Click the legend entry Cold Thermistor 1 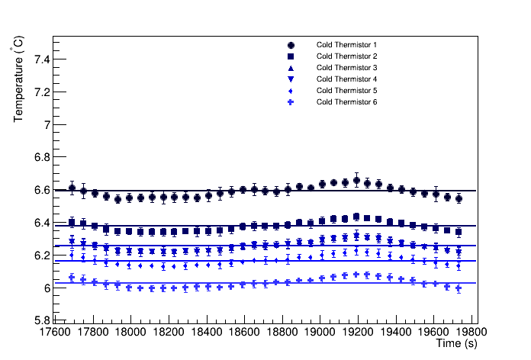[347, 45]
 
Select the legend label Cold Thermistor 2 [347, 56]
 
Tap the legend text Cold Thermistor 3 [347, 68]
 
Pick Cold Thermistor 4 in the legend [347, 79]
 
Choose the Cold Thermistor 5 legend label [347, 91]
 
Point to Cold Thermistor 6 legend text [347, 102]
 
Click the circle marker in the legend [291, 45]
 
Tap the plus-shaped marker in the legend [291, 102]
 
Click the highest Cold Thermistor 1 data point [356, 181]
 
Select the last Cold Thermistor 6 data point [459, 288]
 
